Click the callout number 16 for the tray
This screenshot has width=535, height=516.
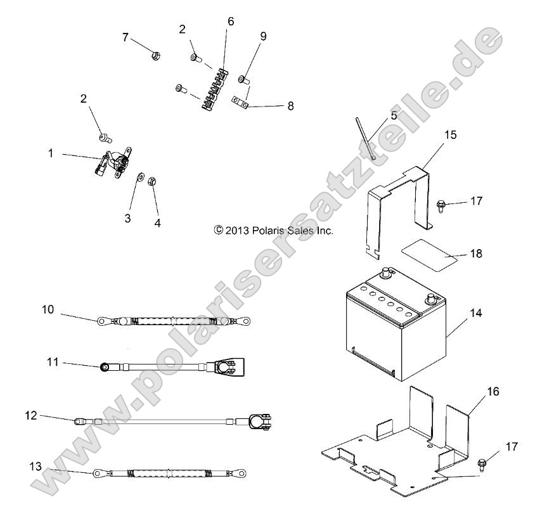click(493, 392)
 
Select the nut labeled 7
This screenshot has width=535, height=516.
click(154, 56)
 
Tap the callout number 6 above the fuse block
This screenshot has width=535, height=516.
click(230, 22)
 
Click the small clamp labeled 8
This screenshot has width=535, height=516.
click(240, 102)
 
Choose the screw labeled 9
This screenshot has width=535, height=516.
click(243, 80)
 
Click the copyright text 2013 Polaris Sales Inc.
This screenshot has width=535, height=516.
click(273, 231)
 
